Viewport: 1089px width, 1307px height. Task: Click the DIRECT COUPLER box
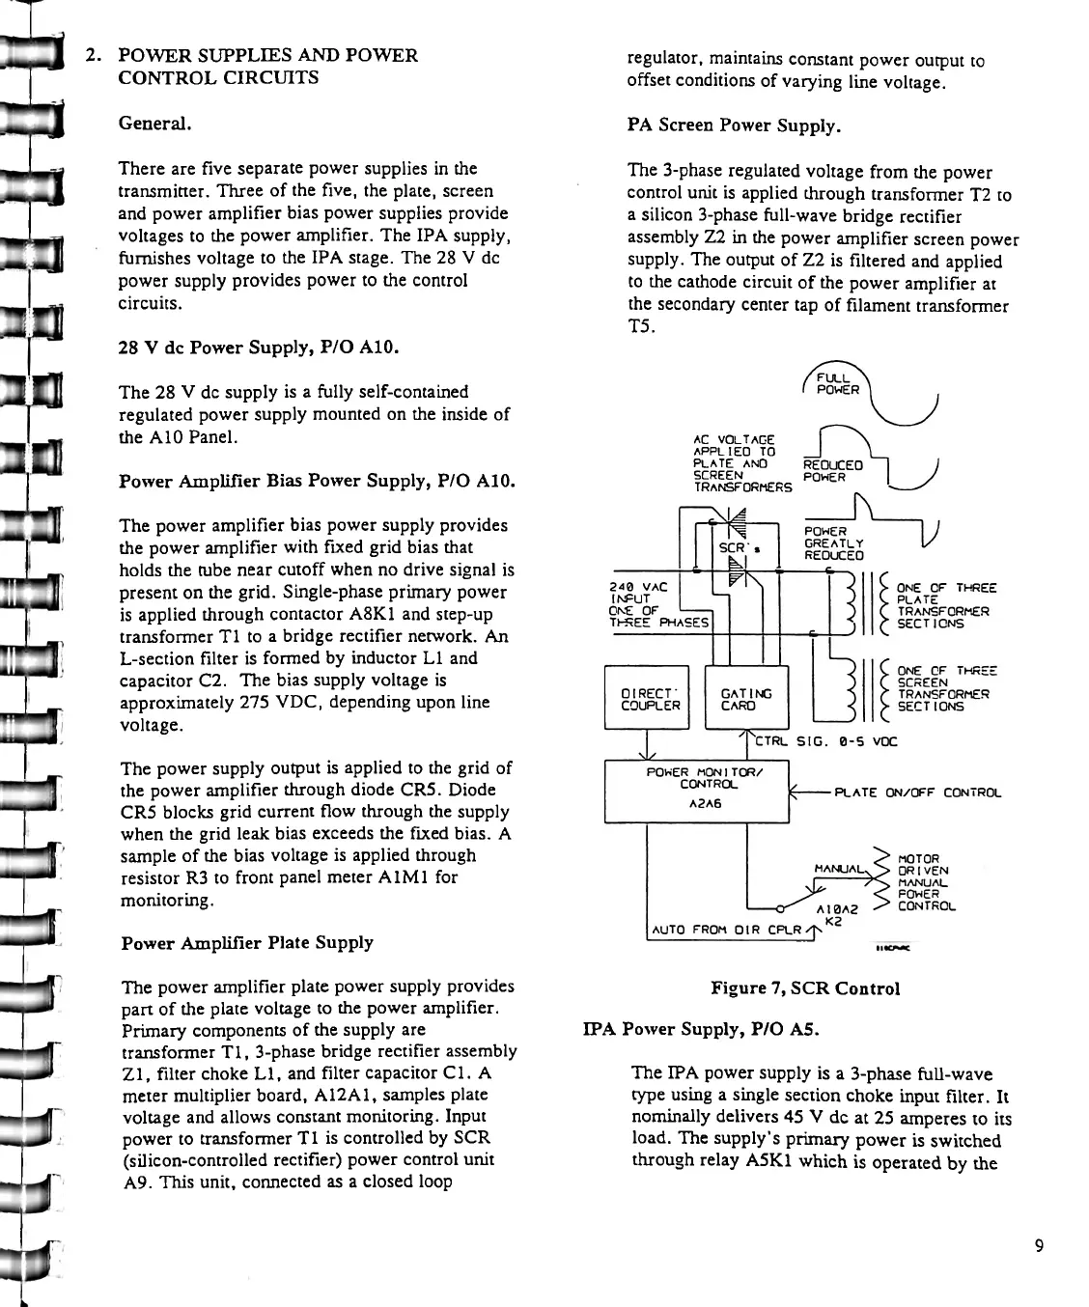click(x=646, y=699)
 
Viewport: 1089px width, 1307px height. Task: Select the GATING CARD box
click(x=746, y=699)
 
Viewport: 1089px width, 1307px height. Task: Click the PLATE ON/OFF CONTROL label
click(x=917, y=793)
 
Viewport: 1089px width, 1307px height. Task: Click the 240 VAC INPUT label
click(x=628, y=593)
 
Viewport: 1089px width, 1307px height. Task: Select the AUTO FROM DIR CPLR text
click(x=728, y=931)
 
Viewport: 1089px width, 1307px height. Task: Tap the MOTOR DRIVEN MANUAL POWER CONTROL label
click(x=925, y=881)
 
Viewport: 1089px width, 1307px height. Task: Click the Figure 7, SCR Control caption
click(x=805, y=988)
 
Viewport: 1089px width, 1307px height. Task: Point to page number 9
click(x=1039, y=1245)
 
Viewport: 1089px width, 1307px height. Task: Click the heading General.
click(x=154, y=124)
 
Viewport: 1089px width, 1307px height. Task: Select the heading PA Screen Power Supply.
click(x=734, y=125)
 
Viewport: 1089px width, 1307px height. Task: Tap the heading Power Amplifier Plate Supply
click(x=247, y=942)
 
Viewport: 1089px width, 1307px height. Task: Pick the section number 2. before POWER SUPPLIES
click(x=94, y=55)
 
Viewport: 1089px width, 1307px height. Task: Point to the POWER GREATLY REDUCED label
click(x=833, y=543)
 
